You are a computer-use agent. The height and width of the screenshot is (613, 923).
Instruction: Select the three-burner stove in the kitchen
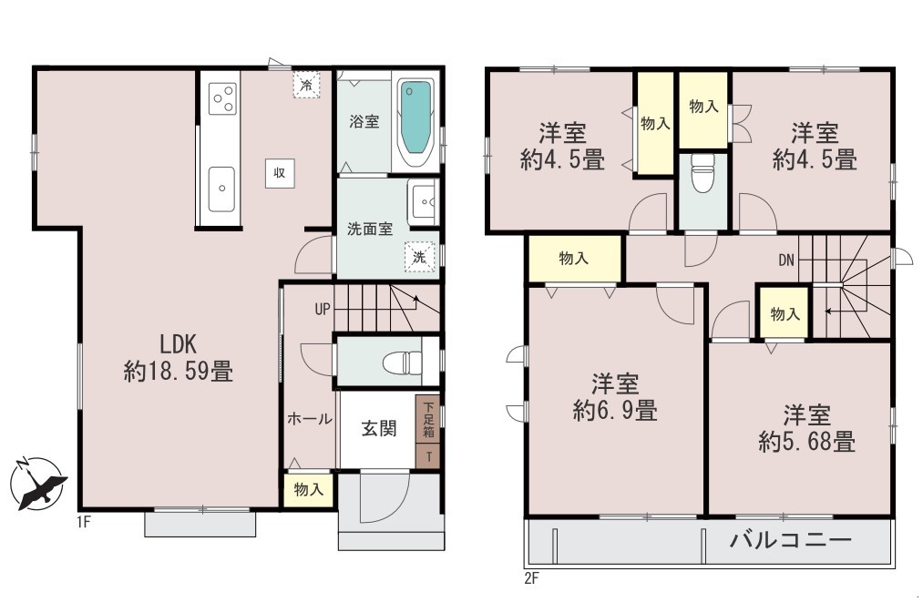coord(223,98)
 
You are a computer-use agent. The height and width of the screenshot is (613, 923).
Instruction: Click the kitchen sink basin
coord(222,189)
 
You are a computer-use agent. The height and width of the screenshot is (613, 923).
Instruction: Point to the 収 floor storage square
coord(280,173)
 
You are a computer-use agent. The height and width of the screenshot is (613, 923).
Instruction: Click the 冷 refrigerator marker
coord(307,85)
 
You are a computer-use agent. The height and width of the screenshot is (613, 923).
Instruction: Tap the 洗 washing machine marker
coord(419,257)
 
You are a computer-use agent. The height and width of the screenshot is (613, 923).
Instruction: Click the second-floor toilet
coord(702,173)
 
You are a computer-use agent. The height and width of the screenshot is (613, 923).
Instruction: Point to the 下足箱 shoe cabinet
coord(428,420)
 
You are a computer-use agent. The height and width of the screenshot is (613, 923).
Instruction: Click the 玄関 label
coord(379,429)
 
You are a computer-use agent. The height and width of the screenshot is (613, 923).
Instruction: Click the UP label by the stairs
coord(323,309)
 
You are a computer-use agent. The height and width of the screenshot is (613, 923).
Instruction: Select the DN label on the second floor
coord(786,260)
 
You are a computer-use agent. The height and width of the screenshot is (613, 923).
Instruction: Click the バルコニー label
coord(791,539)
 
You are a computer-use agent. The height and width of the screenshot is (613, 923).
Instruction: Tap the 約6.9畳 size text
coord(615,411)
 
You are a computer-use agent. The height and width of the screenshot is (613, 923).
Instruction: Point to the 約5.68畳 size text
coord(806,441)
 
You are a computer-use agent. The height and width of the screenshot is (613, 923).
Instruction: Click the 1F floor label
coord(84,521)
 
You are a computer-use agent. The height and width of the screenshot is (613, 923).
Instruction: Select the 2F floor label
coord(531,578)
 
